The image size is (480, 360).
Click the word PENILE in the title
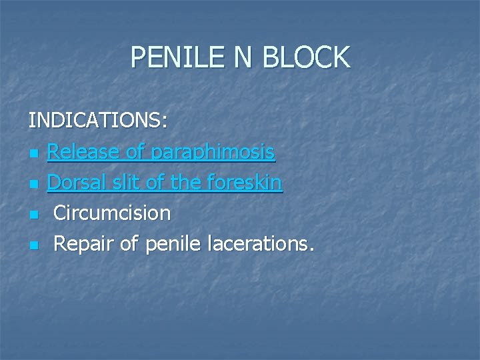click(175, 57)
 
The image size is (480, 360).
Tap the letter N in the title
click(243, 57)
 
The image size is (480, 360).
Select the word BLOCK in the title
click(306, 57)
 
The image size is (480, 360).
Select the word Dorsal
click(75, 183)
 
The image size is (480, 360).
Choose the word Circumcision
click(112, 213)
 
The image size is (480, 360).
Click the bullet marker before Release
click(33, 155)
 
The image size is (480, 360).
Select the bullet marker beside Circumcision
click(33, 215)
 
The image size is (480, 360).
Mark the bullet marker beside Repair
click(33, 246)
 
